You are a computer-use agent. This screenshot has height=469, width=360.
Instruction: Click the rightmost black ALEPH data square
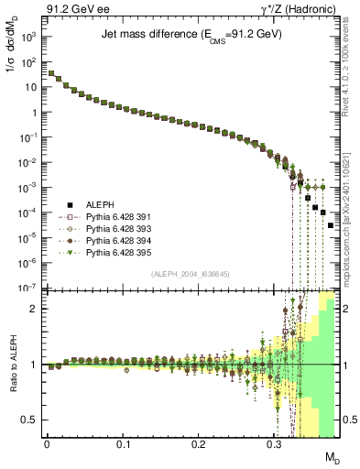coord(331,225)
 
